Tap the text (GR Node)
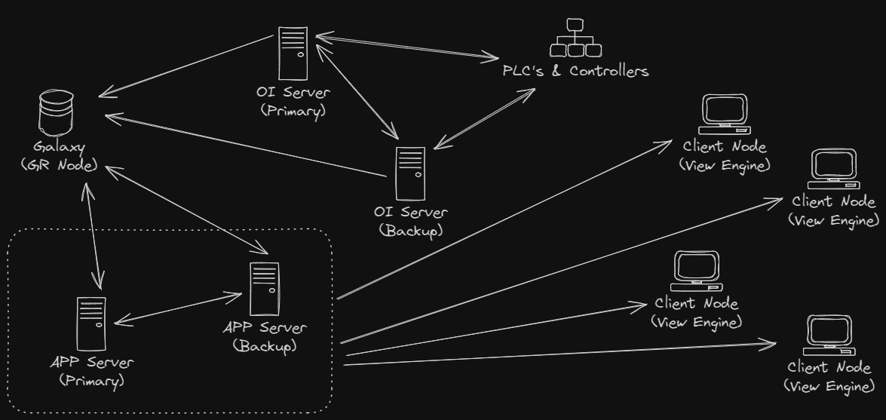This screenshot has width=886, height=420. coord(60,161)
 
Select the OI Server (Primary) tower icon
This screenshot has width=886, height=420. coord(293,53)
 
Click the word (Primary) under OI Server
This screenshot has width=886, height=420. coord(293,109)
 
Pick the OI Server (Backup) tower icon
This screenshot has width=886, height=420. coord(410,173)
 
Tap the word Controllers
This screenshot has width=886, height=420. coord(609,72)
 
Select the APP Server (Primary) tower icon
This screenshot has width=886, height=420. coord(90,323)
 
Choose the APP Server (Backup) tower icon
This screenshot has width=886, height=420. coord(264,290)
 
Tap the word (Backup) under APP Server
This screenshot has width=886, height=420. coord(265,346)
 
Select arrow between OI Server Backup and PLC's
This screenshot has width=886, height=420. coord(484,117)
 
